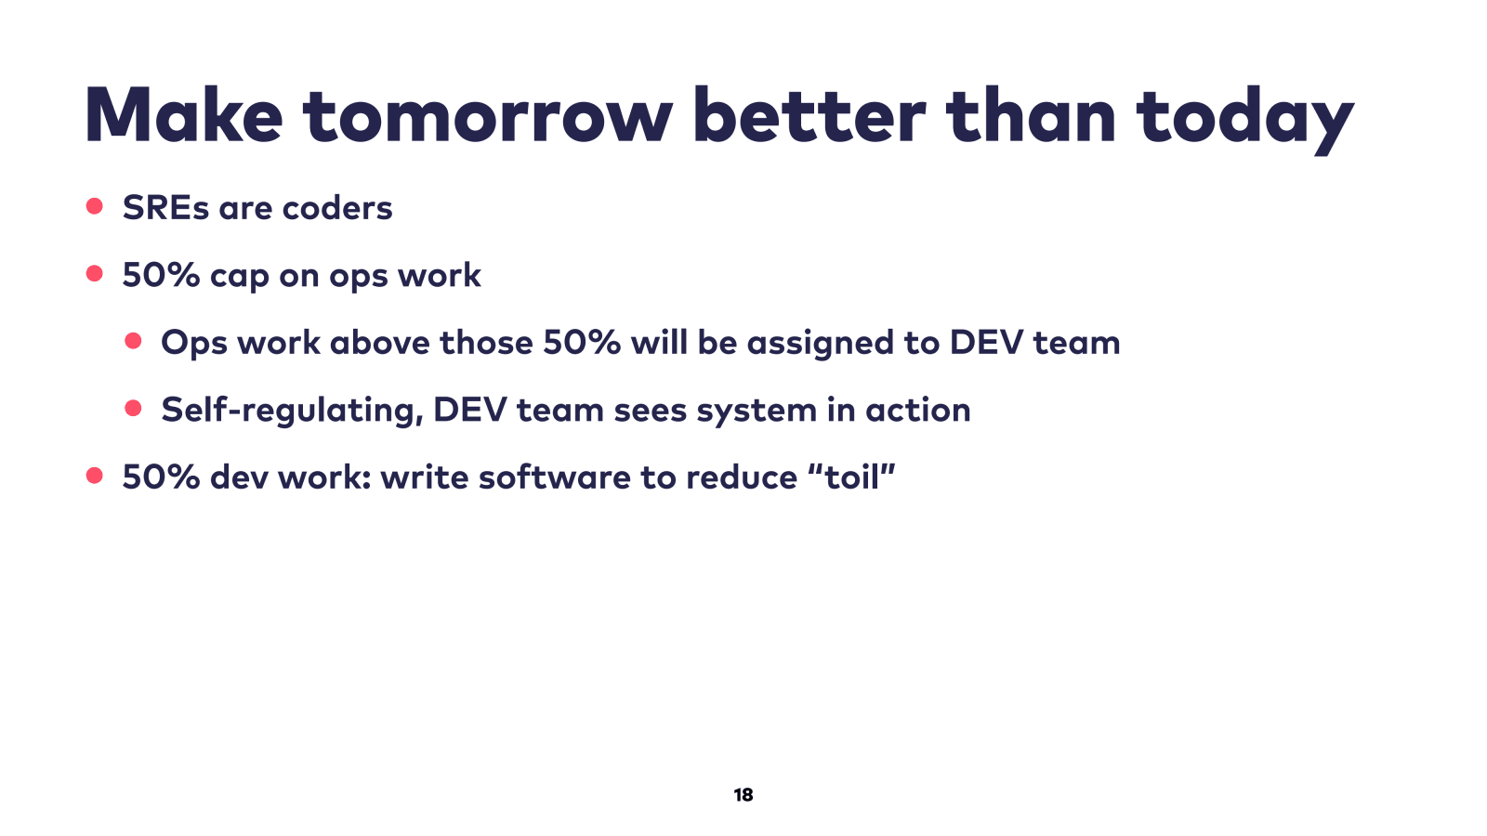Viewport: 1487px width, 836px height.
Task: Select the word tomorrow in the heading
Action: click(x=488, y=116)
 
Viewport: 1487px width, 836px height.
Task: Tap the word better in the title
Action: click(x=809, y=115)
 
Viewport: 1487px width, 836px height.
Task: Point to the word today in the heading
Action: click(x=1244, y=120)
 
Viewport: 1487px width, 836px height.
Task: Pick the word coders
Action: click(x=337, y=208)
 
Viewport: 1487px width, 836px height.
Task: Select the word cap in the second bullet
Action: click(x=240, y=278)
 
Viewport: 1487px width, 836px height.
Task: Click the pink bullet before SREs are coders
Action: click(x=94, y=206)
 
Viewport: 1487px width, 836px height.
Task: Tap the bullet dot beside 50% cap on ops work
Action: click(x=94, y=273)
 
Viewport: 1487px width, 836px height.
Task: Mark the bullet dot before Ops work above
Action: click(x=133, y=341)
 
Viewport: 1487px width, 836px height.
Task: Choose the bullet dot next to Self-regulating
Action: click(x=133, y=408)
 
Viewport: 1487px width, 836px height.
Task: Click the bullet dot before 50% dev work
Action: click(x=94, y=475)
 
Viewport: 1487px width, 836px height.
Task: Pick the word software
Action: click(x=555, y=477)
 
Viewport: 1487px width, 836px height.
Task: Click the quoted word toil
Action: click(x=851, y=477)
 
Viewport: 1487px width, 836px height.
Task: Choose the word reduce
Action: click(x=742, y=477)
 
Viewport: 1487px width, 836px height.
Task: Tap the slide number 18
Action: click(x=743, y=795)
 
